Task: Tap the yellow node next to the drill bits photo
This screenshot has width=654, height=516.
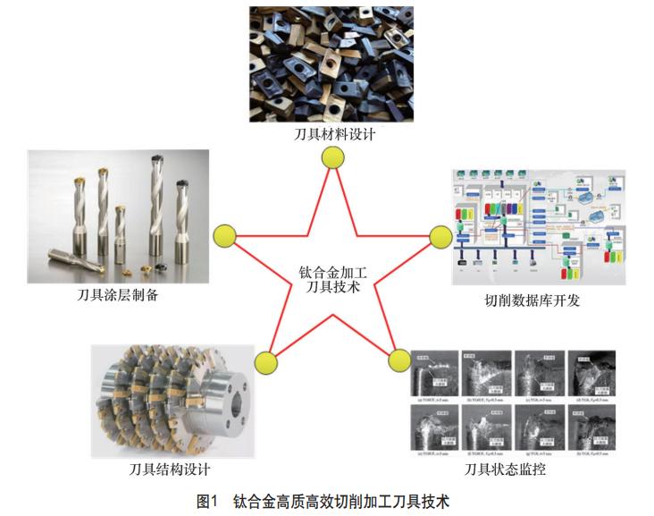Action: tap(224, 236)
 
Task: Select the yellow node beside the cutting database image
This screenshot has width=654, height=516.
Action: tap(440, 236)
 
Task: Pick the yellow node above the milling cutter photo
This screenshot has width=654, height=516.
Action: tap(265, 362)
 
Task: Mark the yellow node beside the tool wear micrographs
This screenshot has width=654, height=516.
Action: tap(398, 361)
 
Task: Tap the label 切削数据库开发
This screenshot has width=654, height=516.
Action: tap(532, 300)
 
